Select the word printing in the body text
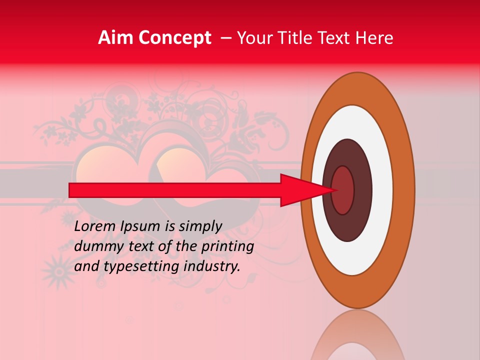click(227, 247)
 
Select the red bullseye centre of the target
click(343, 190)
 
